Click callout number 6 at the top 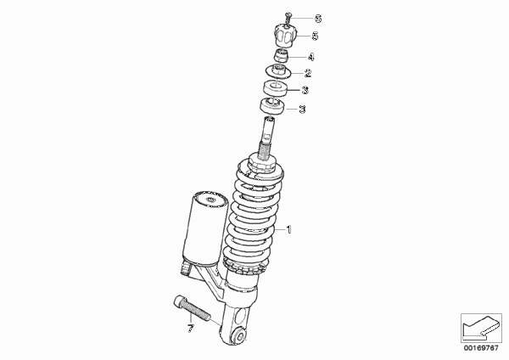pyautogui.click(x=318, y=19)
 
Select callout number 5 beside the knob pyautogui.click(x=315, y=36)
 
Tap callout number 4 pyautogui.click(x=311, y=57)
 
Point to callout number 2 pyautogui.click(x=308, y=73)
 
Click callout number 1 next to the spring pyautogui.click(x=288, y=230)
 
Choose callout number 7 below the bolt pyautogui.click(x=191, y=328)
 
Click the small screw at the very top pyautogui.click(x=288, y=17)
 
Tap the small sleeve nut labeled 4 pyautogui.click(x=281, y=56)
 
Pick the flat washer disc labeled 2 pyautogui.click(x=278, y=71)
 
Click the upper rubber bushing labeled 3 pyautogui.click(x=275, y=88)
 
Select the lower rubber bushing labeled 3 pyautogui.click(x=272, y=106)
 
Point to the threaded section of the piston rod pyautogui.click(x=265, y=151)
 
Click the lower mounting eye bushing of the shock pyautogui.click(x=240, y=335)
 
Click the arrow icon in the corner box pyautogui.click(x=481, y=328)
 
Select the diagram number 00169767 pyautogui.click(x=481, y=348)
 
